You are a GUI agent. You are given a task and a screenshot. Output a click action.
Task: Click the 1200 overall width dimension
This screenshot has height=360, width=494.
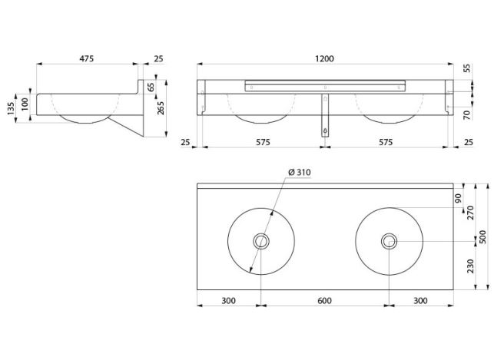[x=324, y=59]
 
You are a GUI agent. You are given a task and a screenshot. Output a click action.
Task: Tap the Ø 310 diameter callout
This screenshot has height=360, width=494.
[x=300, y=172]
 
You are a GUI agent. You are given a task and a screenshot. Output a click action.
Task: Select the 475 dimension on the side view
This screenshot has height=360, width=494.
[x=86, y=59]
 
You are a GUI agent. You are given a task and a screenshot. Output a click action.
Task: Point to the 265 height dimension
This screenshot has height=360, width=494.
[x=161, y=107]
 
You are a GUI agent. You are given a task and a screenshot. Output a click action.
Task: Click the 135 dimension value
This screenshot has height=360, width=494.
[x=11, y=108]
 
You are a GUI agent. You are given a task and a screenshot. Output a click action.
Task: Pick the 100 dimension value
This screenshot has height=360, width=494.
[x=25, y=104]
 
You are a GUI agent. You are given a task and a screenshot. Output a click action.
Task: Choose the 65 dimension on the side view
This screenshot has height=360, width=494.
[x=151, y=87]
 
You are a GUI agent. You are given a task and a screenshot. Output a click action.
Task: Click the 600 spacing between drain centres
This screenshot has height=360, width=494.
[x=324, y=301]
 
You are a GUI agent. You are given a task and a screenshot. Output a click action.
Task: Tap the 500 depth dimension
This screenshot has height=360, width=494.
[x=483, y=236]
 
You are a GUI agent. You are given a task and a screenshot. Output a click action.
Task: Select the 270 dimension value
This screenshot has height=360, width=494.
[x=470, y=213]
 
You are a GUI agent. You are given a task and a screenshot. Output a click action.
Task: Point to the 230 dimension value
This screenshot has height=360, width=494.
[x=470, y=266]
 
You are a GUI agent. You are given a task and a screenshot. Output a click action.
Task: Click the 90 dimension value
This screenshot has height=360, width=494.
[x=458, y=198]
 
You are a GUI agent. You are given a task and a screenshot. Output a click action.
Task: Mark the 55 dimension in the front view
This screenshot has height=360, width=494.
[x=468, y=68]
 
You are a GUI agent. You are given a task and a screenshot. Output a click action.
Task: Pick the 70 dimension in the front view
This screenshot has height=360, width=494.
[x=468, y=114]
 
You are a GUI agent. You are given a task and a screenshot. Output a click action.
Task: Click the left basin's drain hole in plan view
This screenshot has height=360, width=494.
[x=261, y=241]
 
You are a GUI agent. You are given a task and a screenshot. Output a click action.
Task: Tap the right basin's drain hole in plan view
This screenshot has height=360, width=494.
[x=389, y=241]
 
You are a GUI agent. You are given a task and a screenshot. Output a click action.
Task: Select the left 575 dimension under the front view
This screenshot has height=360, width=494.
[x=263, y=142]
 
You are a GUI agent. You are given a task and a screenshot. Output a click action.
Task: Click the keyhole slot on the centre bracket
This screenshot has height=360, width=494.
[x=325, y=130]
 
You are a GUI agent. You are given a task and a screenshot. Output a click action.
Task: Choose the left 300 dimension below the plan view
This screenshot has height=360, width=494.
[x=228, y=301]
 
